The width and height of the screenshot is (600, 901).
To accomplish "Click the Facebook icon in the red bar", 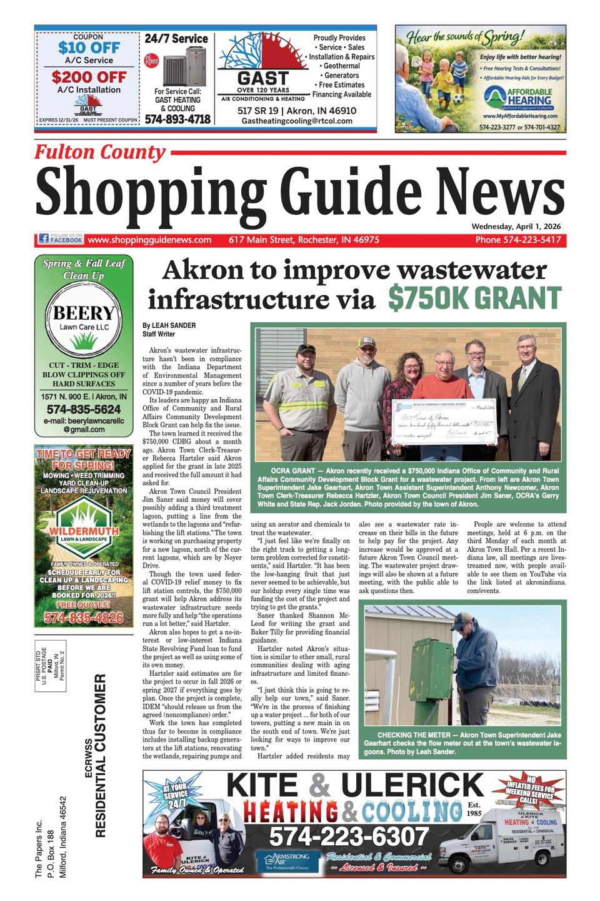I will tap(44, 238).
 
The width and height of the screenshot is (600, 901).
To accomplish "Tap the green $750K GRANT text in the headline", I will tap(474, 298).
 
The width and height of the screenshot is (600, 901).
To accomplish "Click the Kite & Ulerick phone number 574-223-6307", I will tap(349, 836).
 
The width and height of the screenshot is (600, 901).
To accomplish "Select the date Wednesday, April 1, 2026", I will tap(516, 227).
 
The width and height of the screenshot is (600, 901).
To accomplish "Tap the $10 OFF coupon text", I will tap(89, 48).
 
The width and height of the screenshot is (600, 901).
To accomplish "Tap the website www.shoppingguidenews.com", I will tap(149, 240).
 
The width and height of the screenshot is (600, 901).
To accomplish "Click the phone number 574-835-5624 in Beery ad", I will tap(84, 409).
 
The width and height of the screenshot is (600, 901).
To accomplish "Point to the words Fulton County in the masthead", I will tap(100, 152).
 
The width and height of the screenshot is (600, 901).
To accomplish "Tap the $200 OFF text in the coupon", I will tap(89, 77).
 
